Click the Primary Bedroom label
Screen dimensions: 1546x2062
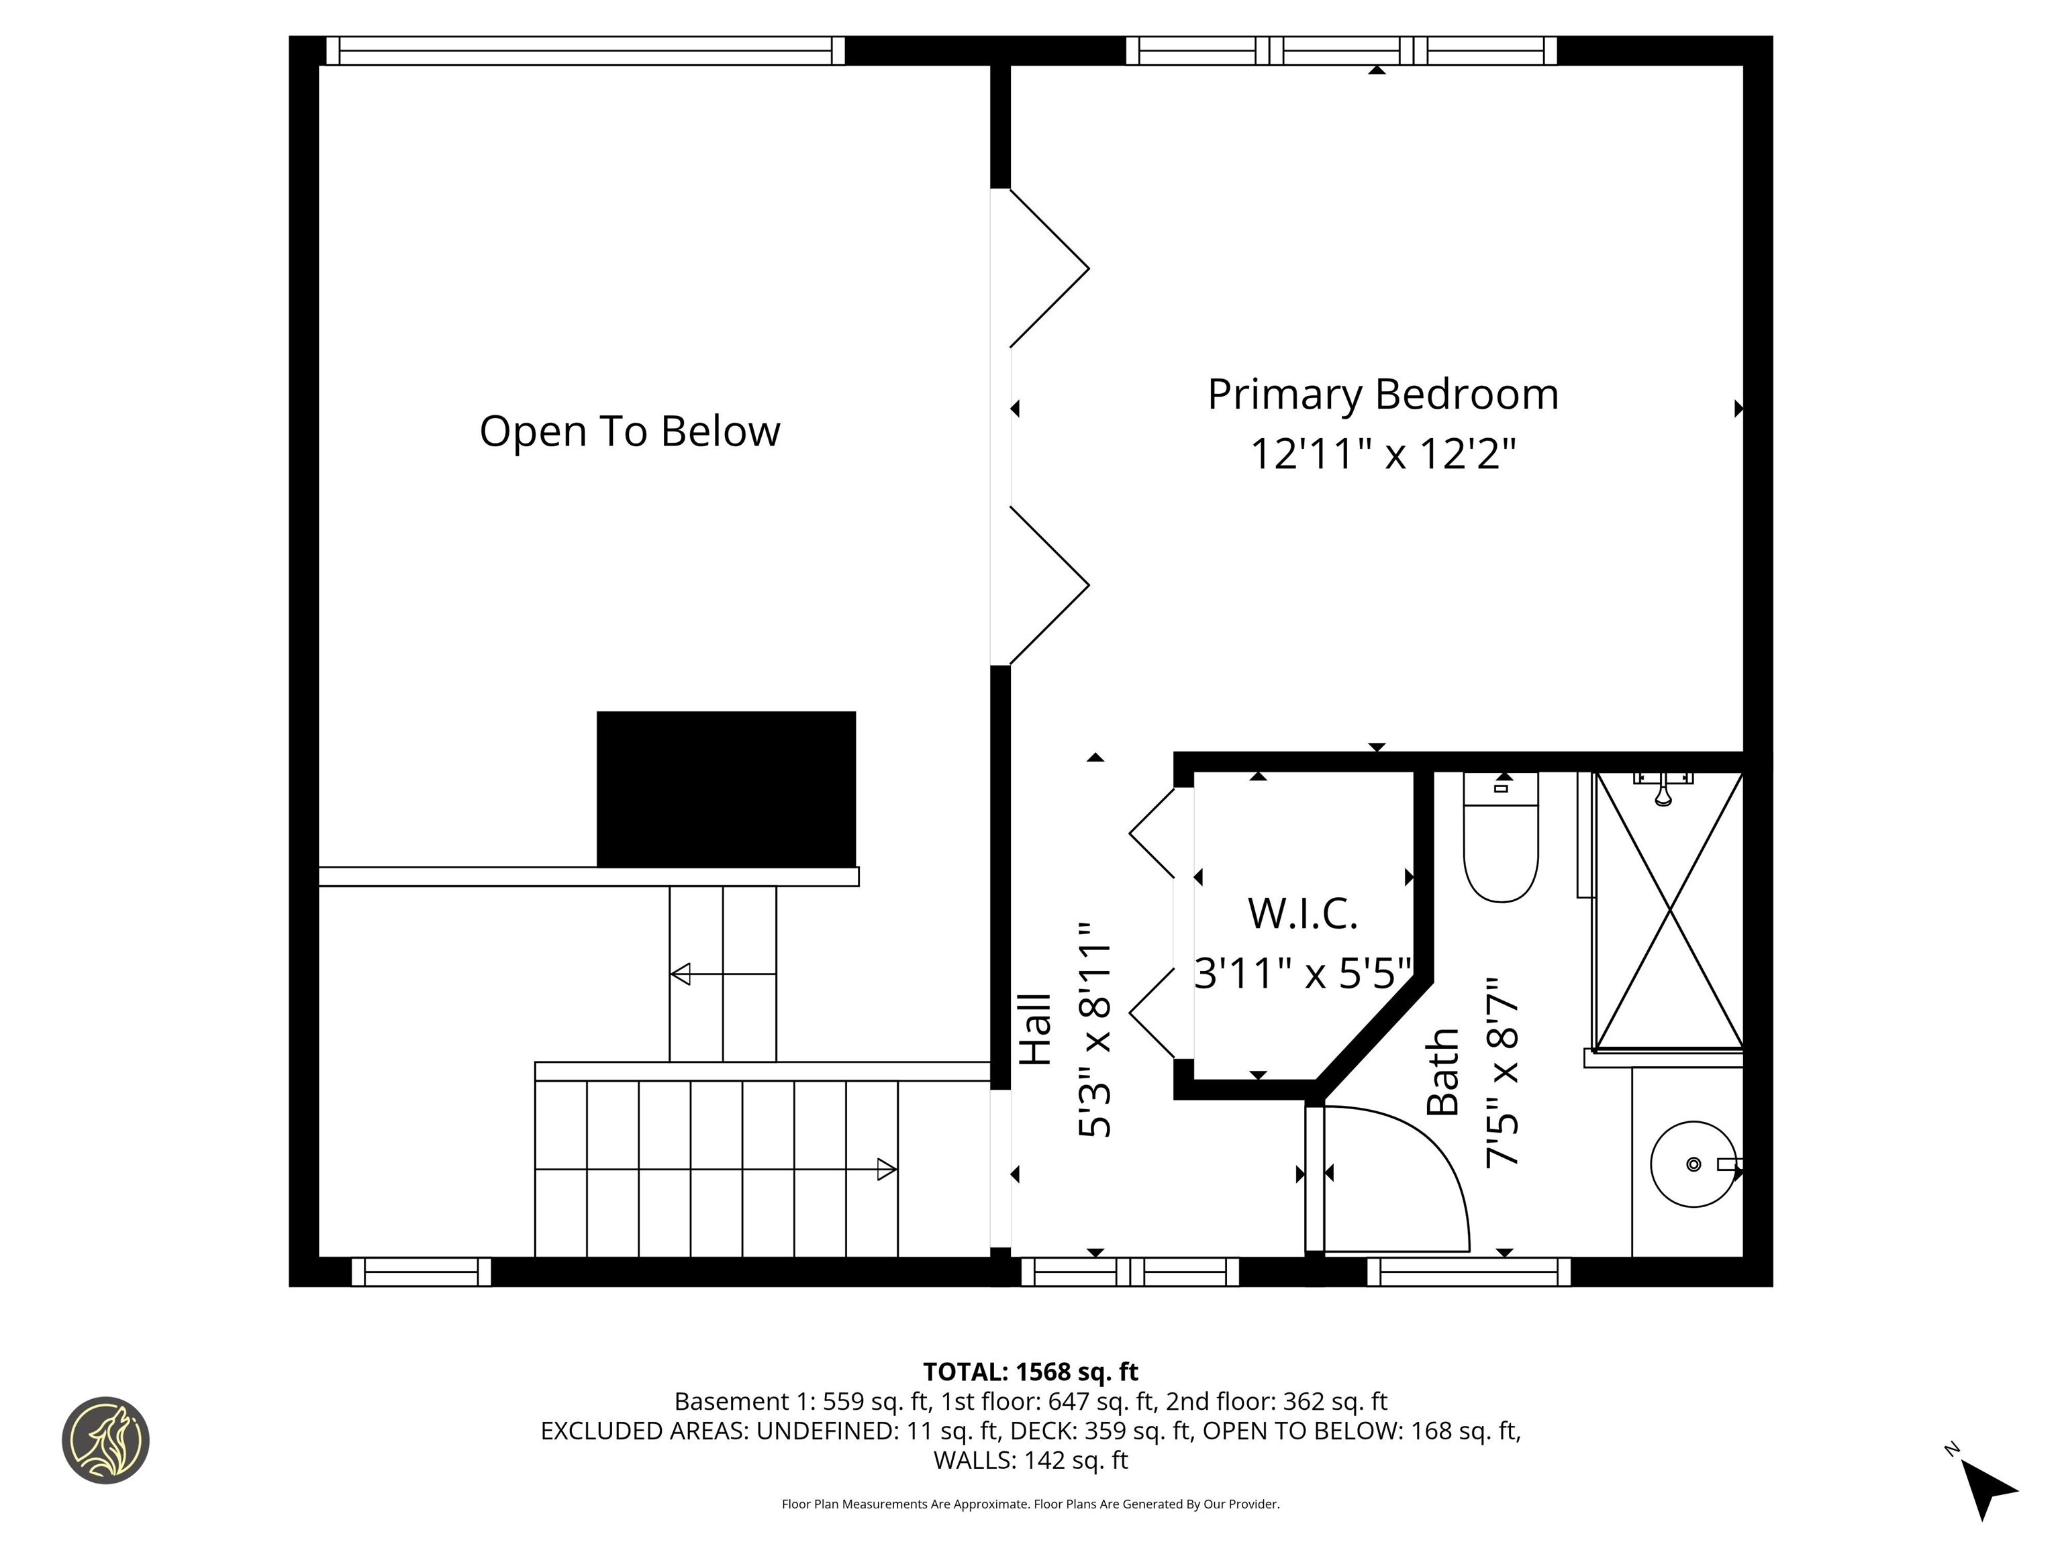(x=1383, y=394)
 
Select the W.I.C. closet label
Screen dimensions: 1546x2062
(x=1302, y=913)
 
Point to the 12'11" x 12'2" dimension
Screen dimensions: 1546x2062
(x=1383, y=455)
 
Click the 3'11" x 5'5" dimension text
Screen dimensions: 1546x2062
(x=1302, y=973)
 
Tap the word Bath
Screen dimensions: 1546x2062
(x=1443, y=1072)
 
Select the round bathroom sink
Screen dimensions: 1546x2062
(x=1693, y=1164)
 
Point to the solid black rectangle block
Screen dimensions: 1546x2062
(x=726, y=789)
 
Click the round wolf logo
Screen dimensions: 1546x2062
(x=105, y=1440)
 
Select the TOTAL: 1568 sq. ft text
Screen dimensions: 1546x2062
(x=1030, y=1372)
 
